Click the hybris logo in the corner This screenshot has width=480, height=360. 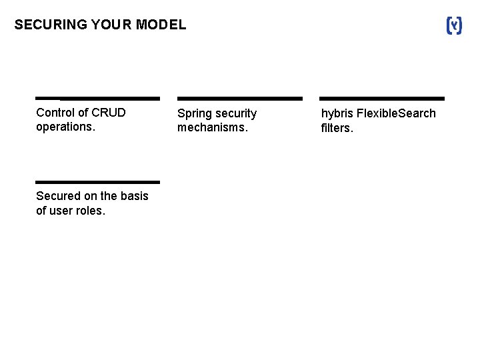tap(453, 26)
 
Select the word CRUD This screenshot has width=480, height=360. tap(109, 112)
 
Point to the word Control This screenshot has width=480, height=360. tap(55, 112)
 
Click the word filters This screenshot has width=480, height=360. tap(337, 128)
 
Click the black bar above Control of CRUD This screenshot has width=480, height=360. tap(97, 98)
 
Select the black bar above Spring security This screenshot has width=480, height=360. tap(239, 98)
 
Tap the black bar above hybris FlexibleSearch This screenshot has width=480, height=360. tap(382, 98)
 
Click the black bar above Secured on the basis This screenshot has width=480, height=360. tap(97, 181)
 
